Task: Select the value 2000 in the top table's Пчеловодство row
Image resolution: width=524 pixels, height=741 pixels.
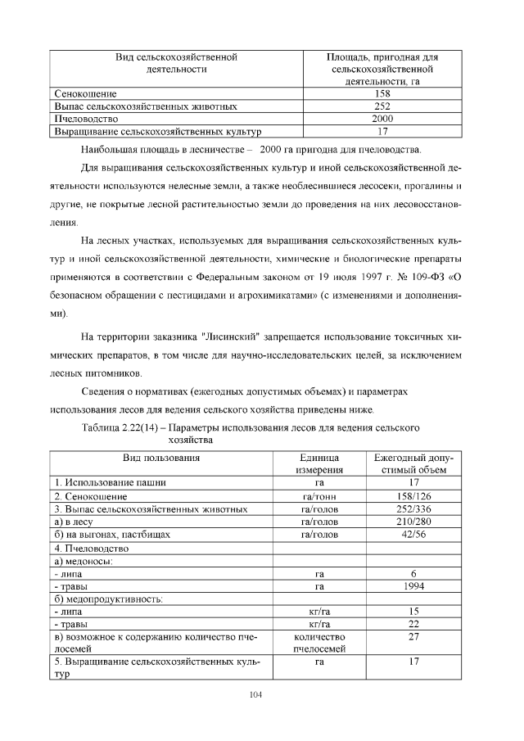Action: tap(382, 118)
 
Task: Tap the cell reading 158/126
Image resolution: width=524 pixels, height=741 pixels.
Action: tap(413, 496)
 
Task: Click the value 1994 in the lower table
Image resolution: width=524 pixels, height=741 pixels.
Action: tap(413, 586)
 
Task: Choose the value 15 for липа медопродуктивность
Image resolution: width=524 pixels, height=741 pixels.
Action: tap(413, 611)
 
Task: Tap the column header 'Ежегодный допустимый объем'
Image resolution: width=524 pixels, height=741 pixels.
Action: tap(413, 464)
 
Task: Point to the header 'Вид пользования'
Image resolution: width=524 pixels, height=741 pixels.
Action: tap(161, 458)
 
